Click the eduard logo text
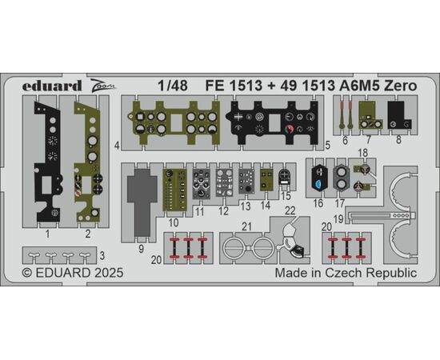[x=52, y=86]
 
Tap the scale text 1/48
[x=173, y=86]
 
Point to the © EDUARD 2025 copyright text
[x=73, y=273]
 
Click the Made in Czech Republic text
[x=346, y=273]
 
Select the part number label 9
[x=141, y=249]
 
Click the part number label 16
[x=318, y=203]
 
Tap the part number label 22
[x=290, y=210]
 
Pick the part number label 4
[x=118, y=146]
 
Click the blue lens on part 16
[x=318, y=184]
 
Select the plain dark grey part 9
[x=142, y=202]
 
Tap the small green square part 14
[x=266, y=180]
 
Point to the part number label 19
[x=338, y=218]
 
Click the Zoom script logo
[x=103, y=85]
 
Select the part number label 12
[x=223, y=210]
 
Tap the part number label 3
[x=102, y=256]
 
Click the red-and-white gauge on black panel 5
[x=289, y=130]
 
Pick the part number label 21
[x=246, y=226]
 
